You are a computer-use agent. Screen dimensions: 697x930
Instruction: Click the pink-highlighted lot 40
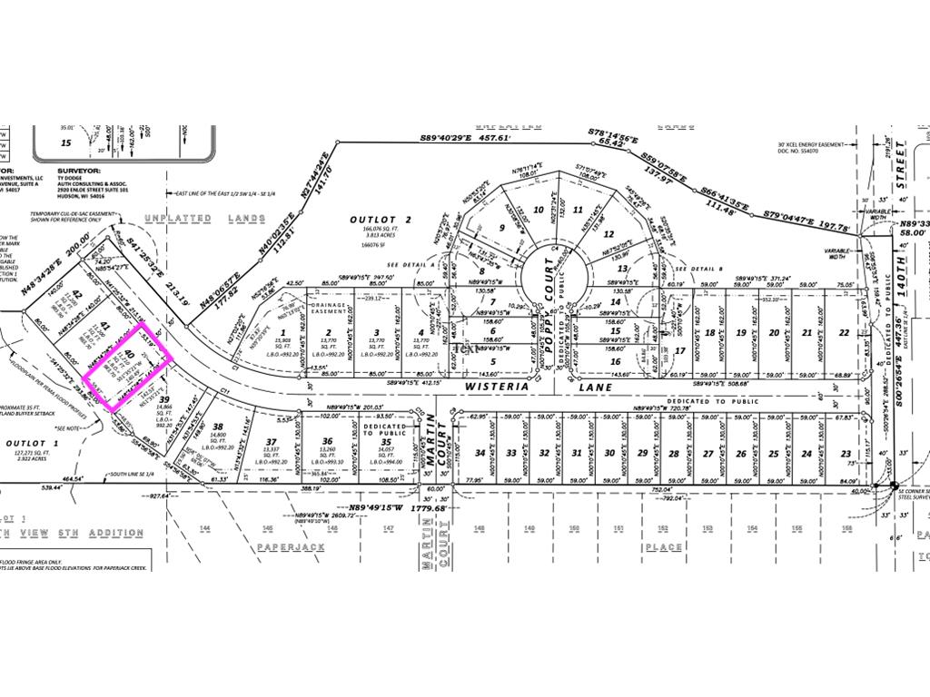[129, 380]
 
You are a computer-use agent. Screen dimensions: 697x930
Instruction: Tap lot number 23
[846, 453]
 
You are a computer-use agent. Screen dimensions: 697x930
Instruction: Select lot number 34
[480, 453]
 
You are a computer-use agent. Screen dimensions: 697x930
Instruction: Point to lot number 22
[845, 358]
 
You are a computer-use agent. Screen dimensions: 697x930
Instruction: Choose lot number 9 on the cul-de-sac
[500, 228]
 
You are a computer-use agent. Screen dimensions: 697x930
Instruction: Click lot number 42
[77, 295]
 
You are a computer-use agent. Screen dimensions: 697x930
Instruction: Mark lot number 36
[314, 442]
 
